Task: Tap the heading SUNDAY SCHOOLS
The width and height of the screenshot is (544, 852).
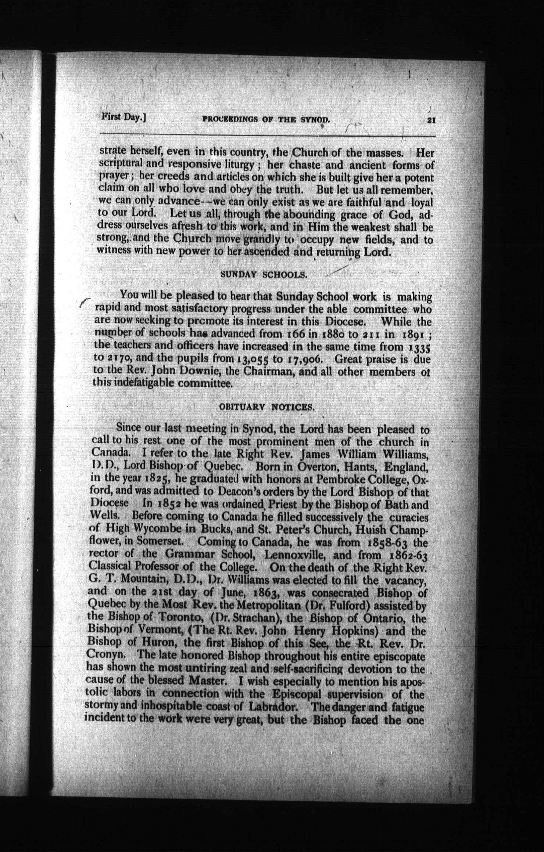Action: (264, 275)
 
